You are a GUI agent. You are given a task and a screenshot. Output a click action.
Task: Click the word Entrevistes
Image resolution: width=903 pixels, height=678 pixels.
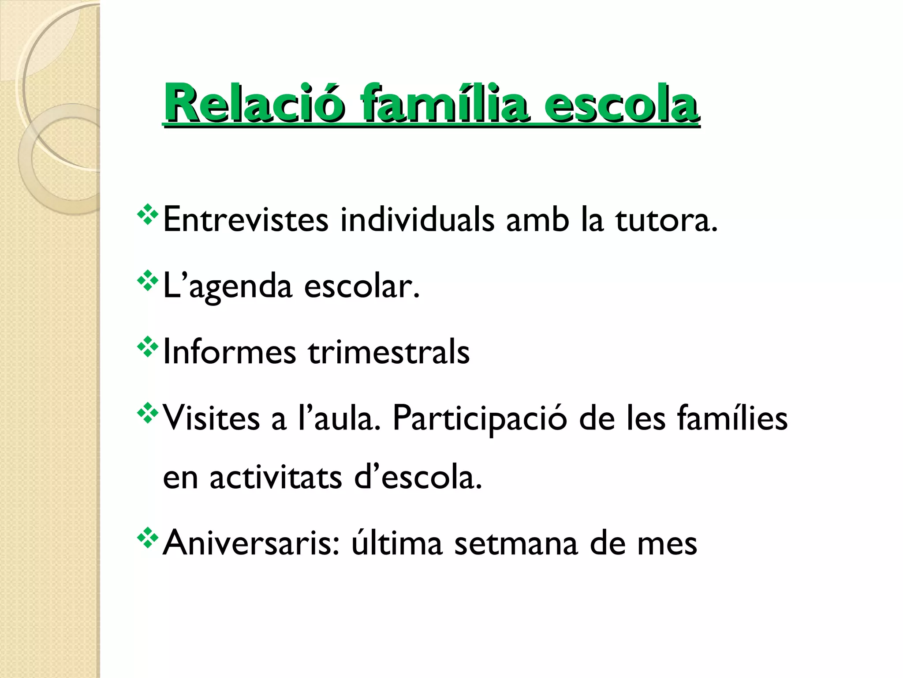point(246,219)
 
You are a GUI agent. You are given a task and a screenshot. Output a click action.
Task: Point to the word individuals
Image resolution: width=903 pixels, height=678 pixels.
point(417,219)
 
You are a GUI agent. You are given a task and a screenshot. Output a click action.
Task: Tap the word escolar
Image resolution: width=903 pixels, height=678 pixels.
point(362,286)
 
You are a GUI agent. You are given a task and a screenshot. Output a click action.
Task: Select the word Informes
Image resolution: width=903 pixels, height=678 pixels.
point(229,352)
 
